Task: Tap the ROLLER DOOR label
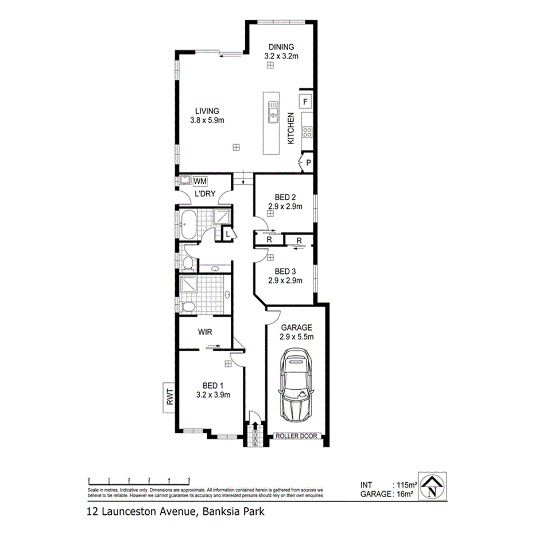click(296, 436)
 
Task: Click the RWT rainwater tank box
click(169, 398)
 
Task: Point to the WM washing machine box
click(200, 181)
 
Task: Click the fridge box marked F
click(305, 102)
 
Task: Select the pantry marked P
click(308, 163)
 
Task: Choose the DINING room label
click(281, 47)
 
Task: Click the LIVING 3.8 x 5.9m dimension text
click(207, 121)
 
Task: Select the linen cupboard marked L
click(227, 234)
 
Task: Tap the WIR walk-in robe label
click(206, 332)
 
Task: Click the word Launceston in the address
click(129, 510)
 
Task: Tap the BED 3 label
click(285, 272)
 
